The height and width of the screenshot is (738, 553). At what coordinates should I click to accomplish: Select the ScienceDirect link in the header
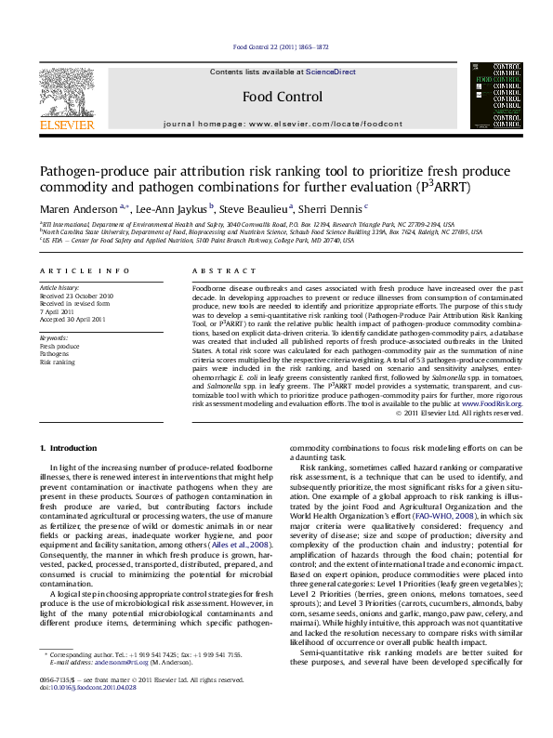click(x=331, y=72)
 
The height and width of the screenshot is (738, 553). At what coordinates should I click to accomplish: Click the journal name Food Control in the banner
click(x=282, y=97)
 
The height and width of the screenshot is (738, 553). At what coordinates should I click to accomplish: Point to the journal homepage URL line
click(x=283, y=124)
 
